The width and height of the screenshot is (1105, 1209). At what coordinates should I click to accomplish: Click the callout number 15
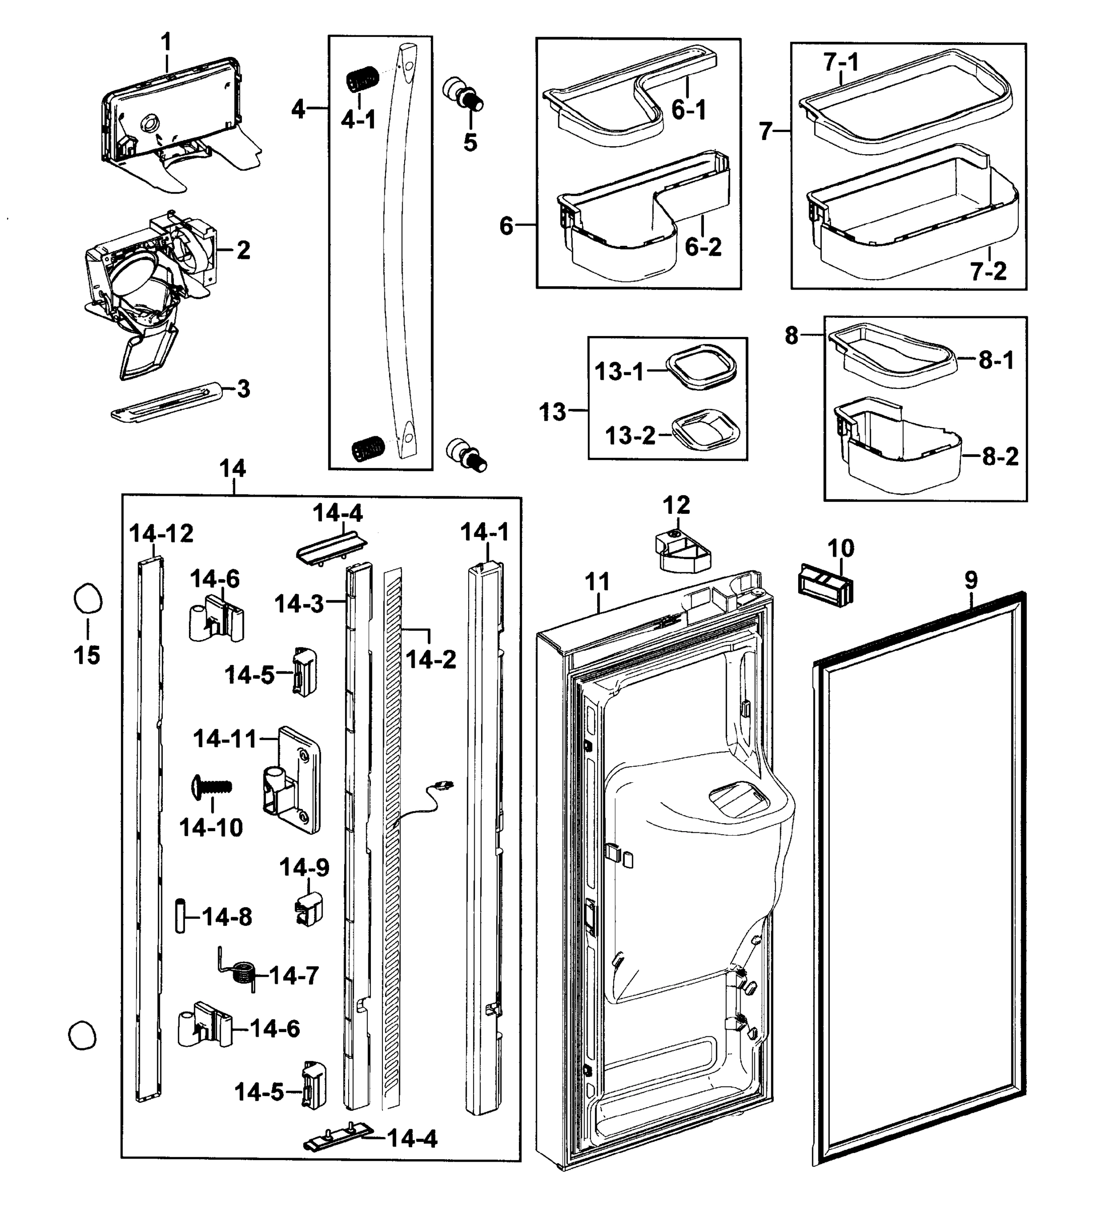click(87, 655)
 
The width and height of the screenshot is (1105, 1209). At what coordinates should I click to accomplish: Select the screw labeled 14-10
click(212, 786)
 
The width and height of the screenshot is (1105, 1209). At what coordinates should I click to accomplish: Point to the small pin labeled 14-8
click(179, 916)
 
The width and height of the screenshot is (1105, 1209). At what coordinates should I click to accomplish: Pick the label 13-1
click(619, 372)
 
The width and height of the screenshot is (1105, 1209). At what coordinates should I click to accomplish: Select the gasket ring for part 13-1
click(701, 367)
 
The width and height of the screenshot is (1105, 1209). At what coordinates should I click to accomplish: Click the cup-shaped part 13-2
click(705, 428)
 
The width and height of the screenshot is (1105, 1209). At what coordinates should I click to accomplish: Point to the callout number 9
click(970, 580)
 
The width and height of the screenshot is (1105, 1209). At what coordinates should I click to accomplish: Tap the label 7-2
click(988, 272)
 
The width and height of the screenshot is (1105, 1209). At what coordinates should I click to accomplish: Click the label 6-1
click(688, 110)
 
